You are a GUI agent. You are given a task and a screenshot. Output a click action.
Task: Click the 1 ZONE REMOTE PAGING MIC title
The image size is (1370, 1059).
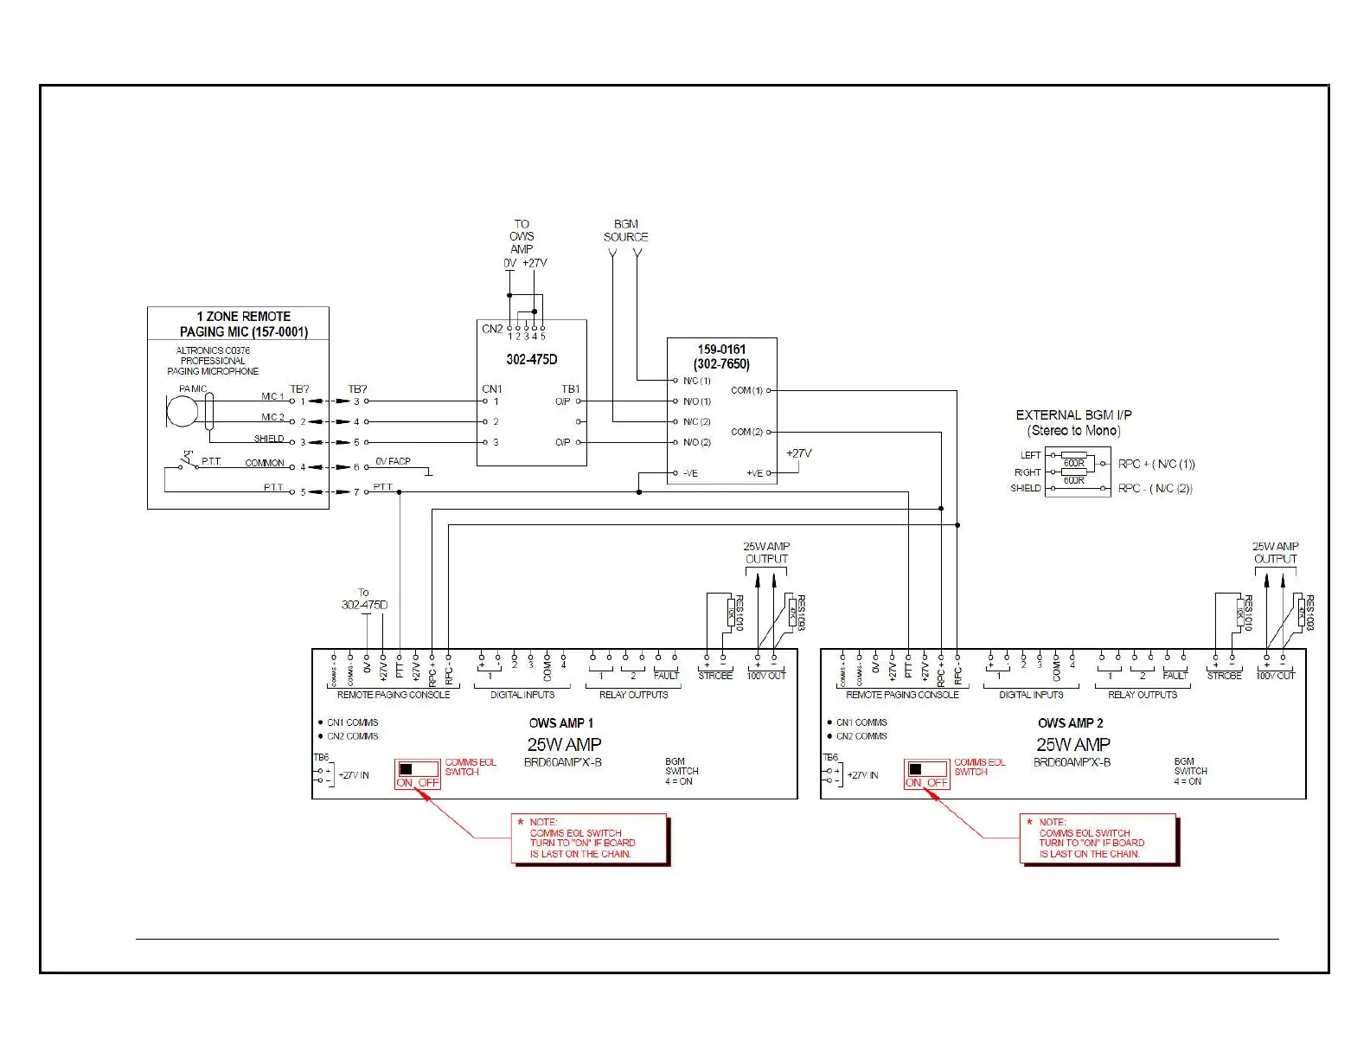(x=243, y=324)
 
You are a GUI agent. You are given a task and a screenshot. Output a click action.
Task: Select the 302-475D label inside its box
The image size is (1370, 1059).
(x=531, y=359)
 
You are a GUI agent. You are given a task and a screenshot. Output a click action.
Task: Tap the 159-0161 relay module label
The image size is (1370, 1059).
(x=721, y=356)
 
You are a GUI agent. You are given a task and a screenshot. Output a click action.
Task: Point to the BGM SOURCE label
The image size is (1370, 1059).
(x=625, y=230)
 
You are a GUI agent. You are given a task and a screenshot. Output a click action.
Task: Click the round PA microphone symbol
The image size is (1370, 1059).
(x=182, y=410)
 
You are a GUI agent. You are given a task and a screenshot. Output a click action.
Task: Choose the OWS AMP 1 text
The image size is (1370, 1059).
(x=561, y=722)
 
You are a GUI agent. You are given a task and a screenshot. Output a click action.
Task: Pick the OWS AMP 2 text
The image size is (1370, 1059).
(x=1071, y=722)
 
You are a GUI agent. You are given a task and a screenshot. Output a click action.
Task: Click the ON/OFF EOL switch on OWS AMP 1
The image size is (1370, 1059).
(x=418, y=773)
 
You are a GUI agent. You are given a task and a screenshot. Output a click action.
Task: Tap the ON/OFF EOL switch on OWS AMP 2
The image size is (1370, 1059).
(x=926, y=773)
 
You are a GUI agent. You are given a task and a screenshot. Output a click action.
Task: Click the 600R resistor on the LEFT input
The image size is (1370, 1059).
(x=1073, y=463)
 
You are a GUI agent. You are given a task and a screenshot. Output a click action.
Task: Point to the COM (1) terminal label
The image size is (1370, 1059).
(x=746, y=390)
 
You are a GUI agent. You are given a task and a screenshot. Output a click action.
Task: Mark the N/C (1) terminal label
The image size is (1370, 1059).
(x=696, y=381)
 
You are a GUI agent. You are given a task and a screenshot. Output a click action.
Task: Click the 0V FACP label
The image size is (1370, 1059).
(x=393, y=461)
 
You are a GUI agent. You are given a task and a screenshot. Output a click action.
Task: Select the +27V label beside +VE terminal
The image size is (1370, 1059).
(x=798, y=453)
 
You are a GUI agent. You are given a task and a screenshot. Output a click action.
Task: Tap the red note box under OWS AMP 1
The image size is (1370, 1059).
(x=589, y=838)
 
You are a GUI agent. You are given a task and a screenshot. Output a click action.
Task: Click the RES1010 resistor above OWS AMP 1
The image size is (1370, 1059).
(x=731, y=612)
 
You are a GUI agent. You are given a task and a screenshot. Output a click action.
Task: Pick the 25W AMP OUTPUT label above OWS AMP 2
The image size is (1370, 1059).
(x=1275, y=552)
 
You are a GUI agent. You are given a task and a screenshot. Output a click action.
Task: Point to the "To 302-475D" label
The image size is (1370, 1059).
(x=364, y=599)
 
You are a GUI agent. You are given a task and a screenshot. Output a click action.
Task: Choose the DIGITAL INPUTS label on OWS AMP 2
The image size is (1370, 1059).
(x=1031, y=694)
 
